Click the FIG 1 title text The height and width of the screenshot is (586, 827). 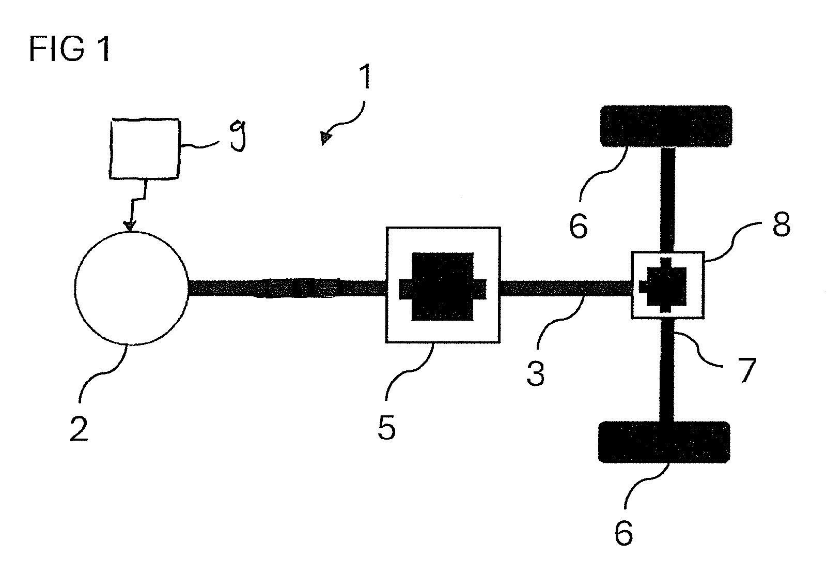70,49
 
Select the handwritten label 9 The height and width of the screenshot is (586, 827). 238,136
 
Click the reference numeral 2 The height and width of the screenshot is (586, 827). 79,428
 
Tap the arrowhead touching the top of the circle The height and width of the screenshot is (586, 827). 130,226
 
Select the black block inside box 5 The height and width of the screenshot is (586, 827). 443,287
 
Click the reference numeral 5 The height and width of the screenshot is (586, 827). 386,427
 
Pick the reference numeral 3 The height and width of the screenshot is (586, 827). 536,373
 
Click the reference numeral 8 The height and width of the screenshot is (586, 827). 782,224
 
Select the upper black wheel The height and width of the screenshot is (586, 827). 666,126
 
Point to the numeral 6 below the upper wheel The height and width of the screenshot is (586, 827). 579,226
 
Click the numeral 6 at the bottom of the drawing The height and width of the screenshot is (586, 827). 624,532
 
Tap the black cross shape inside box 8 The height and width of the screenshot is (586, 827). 663,285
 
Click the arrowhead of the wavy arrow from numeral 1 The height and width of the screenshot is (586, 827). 325,138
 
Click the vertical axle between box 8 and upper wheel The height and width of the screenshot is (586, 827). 667,200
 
